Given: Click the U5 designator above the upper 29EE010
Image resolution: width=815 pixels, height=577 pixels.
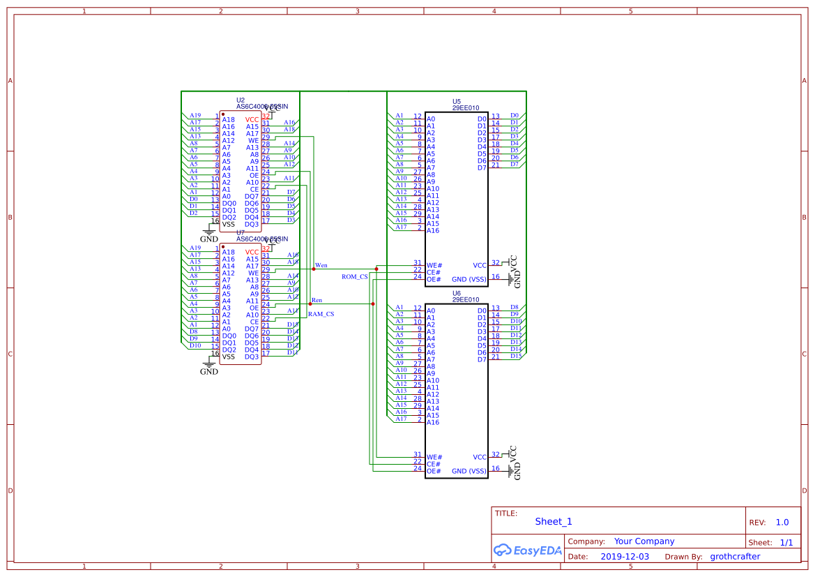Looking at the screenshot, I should [457, 101].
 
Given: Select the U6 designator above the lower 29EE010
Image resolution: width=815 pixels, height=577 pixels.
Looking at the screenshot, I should [457, 293].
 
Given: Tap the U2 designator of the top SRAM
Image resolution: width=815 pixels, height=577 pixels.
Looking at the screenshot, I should [241, 100].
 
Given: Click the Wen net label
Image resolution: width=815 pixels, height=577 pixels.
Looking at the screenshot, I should [321, 265].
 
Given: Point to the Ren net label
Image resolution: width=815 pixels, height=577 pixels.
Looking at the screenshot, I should [317, 300].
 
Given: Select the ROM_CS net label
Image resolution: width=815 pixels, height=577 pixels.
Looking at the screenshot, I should [354, 277].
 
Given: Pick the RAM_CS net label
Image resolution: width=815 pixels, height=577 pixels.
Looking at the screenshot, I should [321, 314].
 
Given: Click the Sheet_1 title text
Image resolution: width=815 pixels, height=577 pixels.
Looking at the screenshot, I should [554, 521].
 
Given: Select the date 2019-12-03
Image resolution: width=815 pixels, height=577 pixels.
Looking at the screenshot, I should [625, 557].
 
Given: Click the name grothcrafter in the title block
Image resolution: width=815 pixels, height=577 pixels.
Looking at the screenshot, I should [735, 557].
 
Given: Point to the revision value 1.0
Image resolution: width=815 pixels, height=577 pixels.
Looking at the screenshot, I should [782, 522].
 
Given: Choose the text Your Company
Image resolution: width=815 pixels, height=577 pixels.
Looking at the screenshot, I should [644, 541].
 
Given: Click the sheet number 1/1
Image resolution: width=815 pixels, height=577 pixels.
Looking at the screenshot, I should [786, 542].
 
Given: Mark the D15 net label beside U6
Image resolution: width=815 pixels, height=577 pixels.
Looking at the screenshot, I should [515, 356].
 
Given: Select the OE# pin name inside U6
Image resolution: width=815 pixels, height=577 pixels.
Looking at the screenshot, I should [434, 472].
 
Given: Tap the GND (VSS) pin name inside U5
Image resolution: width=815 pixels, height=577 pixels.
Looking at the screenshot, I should [469, 280].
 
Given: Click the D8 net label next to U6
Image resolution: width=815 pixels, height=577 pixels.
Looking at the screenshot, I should [515, 307].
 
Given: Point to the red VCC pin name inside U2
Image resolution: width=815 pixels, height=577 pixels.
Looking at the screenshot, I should [252, 119].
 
